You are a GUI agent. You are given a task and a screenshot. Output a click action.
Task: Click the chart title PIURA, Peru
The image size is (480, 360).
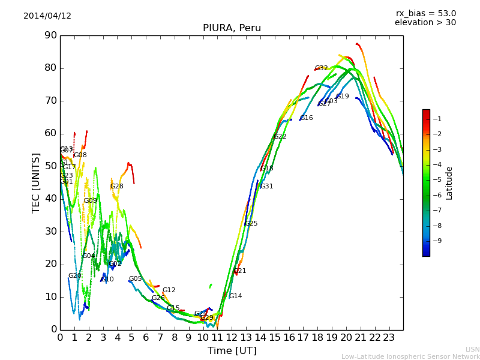click(232, 28)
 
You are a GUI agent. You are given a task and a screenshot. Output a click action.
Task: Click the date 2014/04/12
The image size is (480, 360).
click(47, 16)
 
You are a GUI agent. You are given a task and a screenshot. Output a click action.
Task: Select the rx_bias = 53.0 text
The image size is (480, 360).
click(425, 14)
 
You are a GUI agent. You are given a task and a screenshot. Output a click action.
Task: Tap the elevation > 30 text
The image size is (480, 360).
click(425, 23)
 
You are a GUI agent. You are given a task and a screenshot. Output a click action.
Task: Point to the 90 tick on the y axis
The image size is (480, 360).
click(50, 35)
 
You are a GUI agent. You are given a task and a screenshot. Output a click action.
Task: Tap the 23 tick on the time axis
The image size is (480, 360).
click(389, 338)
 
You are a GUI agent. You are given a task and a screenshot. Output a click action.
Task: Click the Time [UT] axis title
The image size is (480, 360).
click(232, 351)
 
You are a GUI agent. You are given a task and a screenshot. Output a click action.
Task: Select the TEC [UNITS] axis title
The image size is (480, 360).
click(36, 182)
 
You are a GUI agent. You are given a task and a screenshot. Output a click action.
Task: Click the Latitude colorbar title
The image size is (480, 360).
click(449, 183)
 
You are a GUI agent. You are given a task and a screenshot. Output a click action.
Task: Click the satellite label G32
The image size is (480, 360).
click(321, 68)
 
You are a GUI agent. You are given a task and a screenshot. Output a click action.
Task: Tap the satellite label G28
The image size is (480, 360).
click(116, 187)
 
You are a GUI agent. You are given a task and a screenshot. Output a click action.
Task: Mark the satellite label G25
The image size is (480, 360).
click(251, 224)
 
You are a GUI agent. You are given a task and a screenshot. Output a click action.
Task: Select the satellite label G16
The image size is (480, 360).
click(306, 118)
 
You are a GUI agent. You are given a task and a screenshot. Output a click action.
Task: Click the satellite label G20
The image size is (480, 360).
click(74, 276)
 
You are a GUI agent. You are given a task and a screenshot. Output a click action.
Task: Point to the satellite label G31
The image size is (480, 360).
click(266, 187)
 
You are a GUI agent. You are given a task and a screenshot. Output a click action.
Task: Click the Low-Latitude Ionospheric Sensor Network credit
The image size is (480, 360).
click(410, 357)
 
